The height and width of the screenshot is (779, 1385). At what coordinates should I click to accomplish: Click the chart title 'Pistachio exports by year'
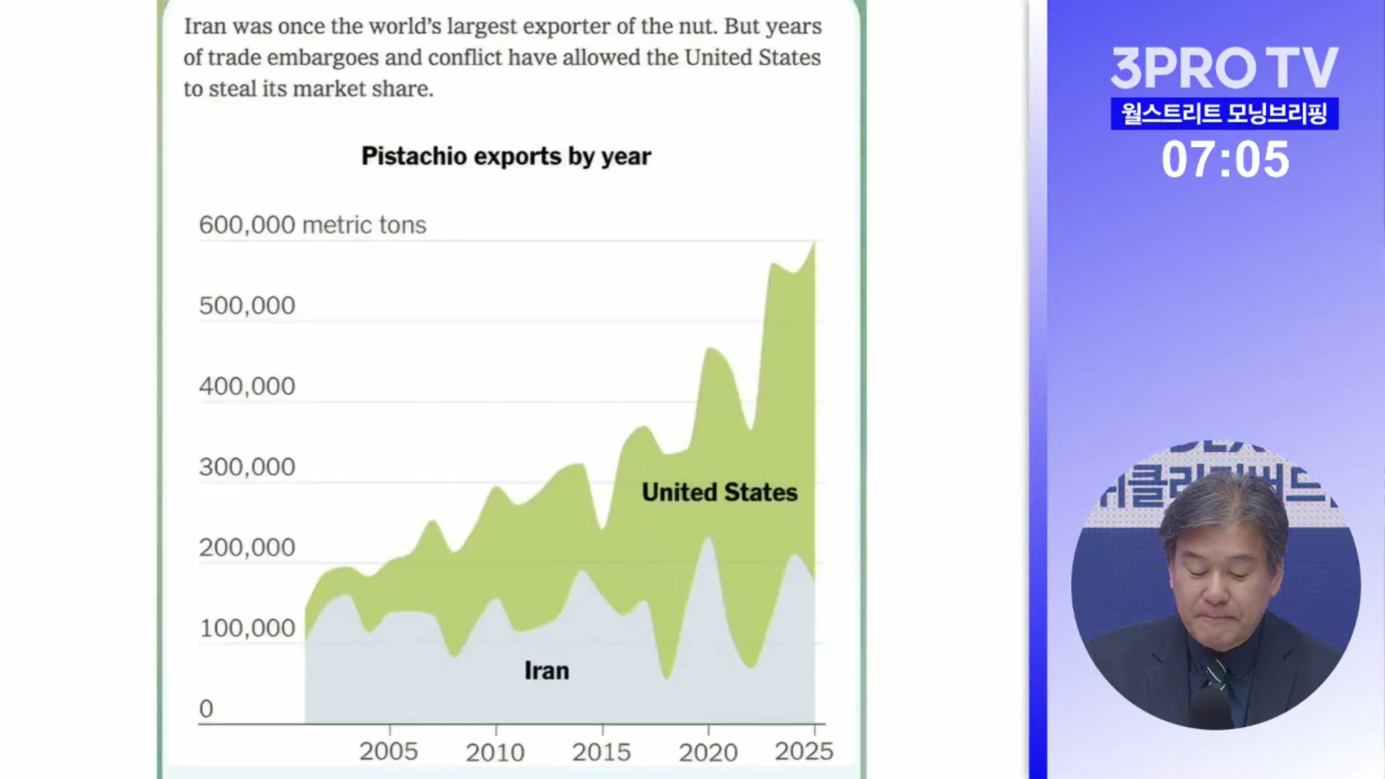coord(506,156)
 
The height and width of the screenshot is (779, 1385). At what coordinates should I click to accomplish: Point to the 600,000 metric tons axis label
coord(312,225)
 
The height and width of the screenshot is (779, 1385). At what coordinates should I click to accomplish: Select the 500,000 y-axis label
coord(247,306)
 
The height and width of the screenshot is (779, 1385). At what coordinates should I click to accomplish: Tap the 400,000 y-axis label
coord(247,387)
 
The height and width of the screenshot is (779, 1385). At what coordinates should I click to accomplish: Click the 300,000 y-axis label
coord(247,467)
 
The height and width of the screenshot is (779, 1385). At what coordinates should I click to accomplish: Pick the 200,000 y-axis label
coord(247,548)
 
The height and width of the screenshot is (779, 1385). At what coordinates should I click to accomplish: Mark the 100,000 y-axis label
coord(247,628)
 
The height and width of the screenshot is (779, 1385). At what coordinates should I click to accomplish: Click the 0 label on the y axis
coord(206,709)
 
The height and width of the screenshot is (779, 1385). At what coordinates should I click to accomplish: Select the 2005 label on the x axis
coord(389,752)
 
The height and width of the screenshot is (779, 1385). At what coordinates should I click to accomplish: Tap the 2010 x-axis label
coord(495,752)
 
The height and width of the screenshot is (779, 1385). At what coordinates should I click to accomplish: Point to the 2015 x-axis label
coord(602,752)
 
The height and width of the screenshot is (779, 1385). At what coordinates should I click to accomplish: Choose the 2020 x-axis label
coord(708,752)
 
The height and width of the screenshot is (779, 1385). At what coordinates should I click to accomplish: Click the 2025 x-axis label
coord(804,752)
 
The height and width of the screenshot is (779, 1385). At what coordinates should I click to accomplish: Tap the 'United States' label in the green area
coord(719,493)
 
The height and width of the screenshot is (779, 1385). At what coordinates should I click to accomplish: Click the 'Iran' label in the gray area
coord(547,671)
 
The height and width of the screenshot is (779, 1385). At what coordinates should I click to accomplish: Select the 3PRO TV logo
coord(1224,68)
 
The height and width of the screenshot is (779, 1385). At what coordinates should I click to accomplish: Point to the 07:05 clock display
coord(1225,159)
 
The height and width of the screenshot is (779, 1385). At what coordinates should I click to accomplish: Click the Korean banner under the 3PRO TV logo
coord(1224,114)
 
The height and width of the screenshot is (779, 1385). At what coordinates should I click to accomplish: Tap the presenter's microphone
coord(1213,703)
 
